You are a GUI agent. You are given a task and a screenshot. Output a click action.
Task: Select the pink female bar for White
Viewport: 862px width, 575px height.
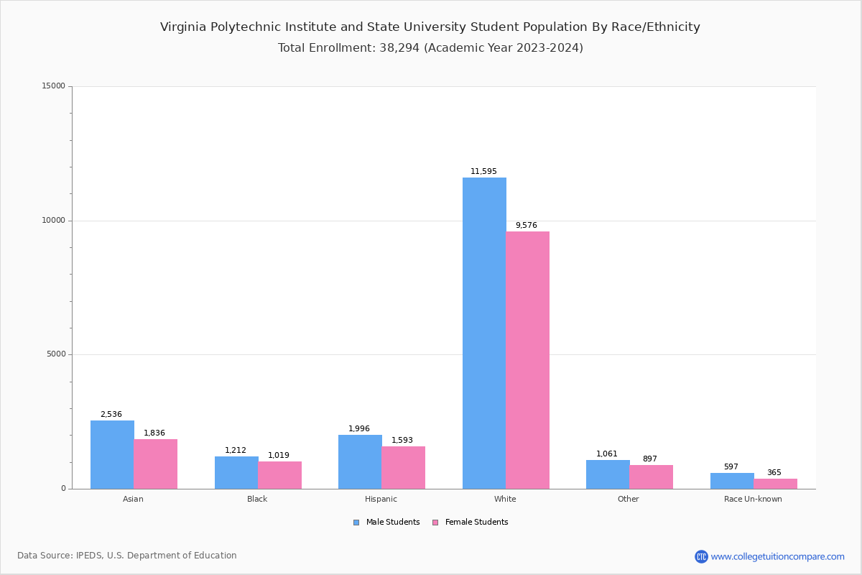tap(527, 359)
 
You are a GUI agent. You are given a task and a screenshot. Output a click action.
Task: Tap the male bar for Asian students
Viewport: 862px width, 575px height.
tap(112, 454)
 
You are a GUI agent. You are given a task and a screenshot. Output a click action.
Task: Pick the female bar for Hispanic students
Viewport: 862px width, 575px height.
tap(403, 467)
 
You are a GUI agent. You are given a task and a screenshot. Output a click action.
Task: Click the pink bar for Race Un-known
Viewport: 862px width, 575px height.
tap(775, 484)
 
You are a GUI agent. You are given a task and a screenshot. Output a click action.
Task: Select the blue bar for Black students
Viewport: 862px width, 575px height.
tap(236, 472)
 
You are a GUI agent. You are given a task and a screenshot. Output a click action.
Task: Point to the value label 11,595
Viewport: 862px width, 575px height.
tap(483, 172)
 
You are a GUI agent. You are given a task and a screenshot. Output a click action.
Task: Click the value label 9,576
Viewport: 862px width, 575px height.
tap(526, 226)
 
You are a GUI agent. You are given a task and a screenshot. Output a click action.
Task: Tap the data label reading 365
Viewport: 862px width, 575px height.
tap(774, 473)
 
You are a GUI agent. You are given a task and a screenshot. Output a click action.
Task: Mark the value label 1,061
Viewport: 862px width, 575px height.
tap(607, 454)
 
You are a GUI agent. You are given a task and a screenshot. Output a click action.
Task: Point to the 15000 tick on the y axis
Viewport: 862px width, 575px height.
tap(54, 86)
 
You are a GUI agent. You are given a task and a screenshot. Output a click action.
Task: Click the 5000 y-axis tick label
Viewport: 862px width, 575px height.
tap(56, 354)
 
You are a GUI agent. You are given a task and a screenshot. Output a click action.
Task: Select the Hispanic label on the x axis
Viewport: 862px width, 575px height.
tap(381, 500)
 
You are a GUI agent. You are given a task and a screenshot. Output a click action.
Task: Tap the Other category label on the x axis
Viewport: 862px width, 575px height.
tap(628, 500)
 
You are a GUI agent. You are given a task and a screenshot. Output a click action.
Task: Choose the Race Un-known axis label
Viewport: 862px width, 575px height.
tap(753, 500)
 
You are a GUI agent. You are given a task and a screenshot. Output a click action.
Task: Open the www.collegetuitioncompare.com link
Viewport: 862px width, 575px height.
tap(777, 556)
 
